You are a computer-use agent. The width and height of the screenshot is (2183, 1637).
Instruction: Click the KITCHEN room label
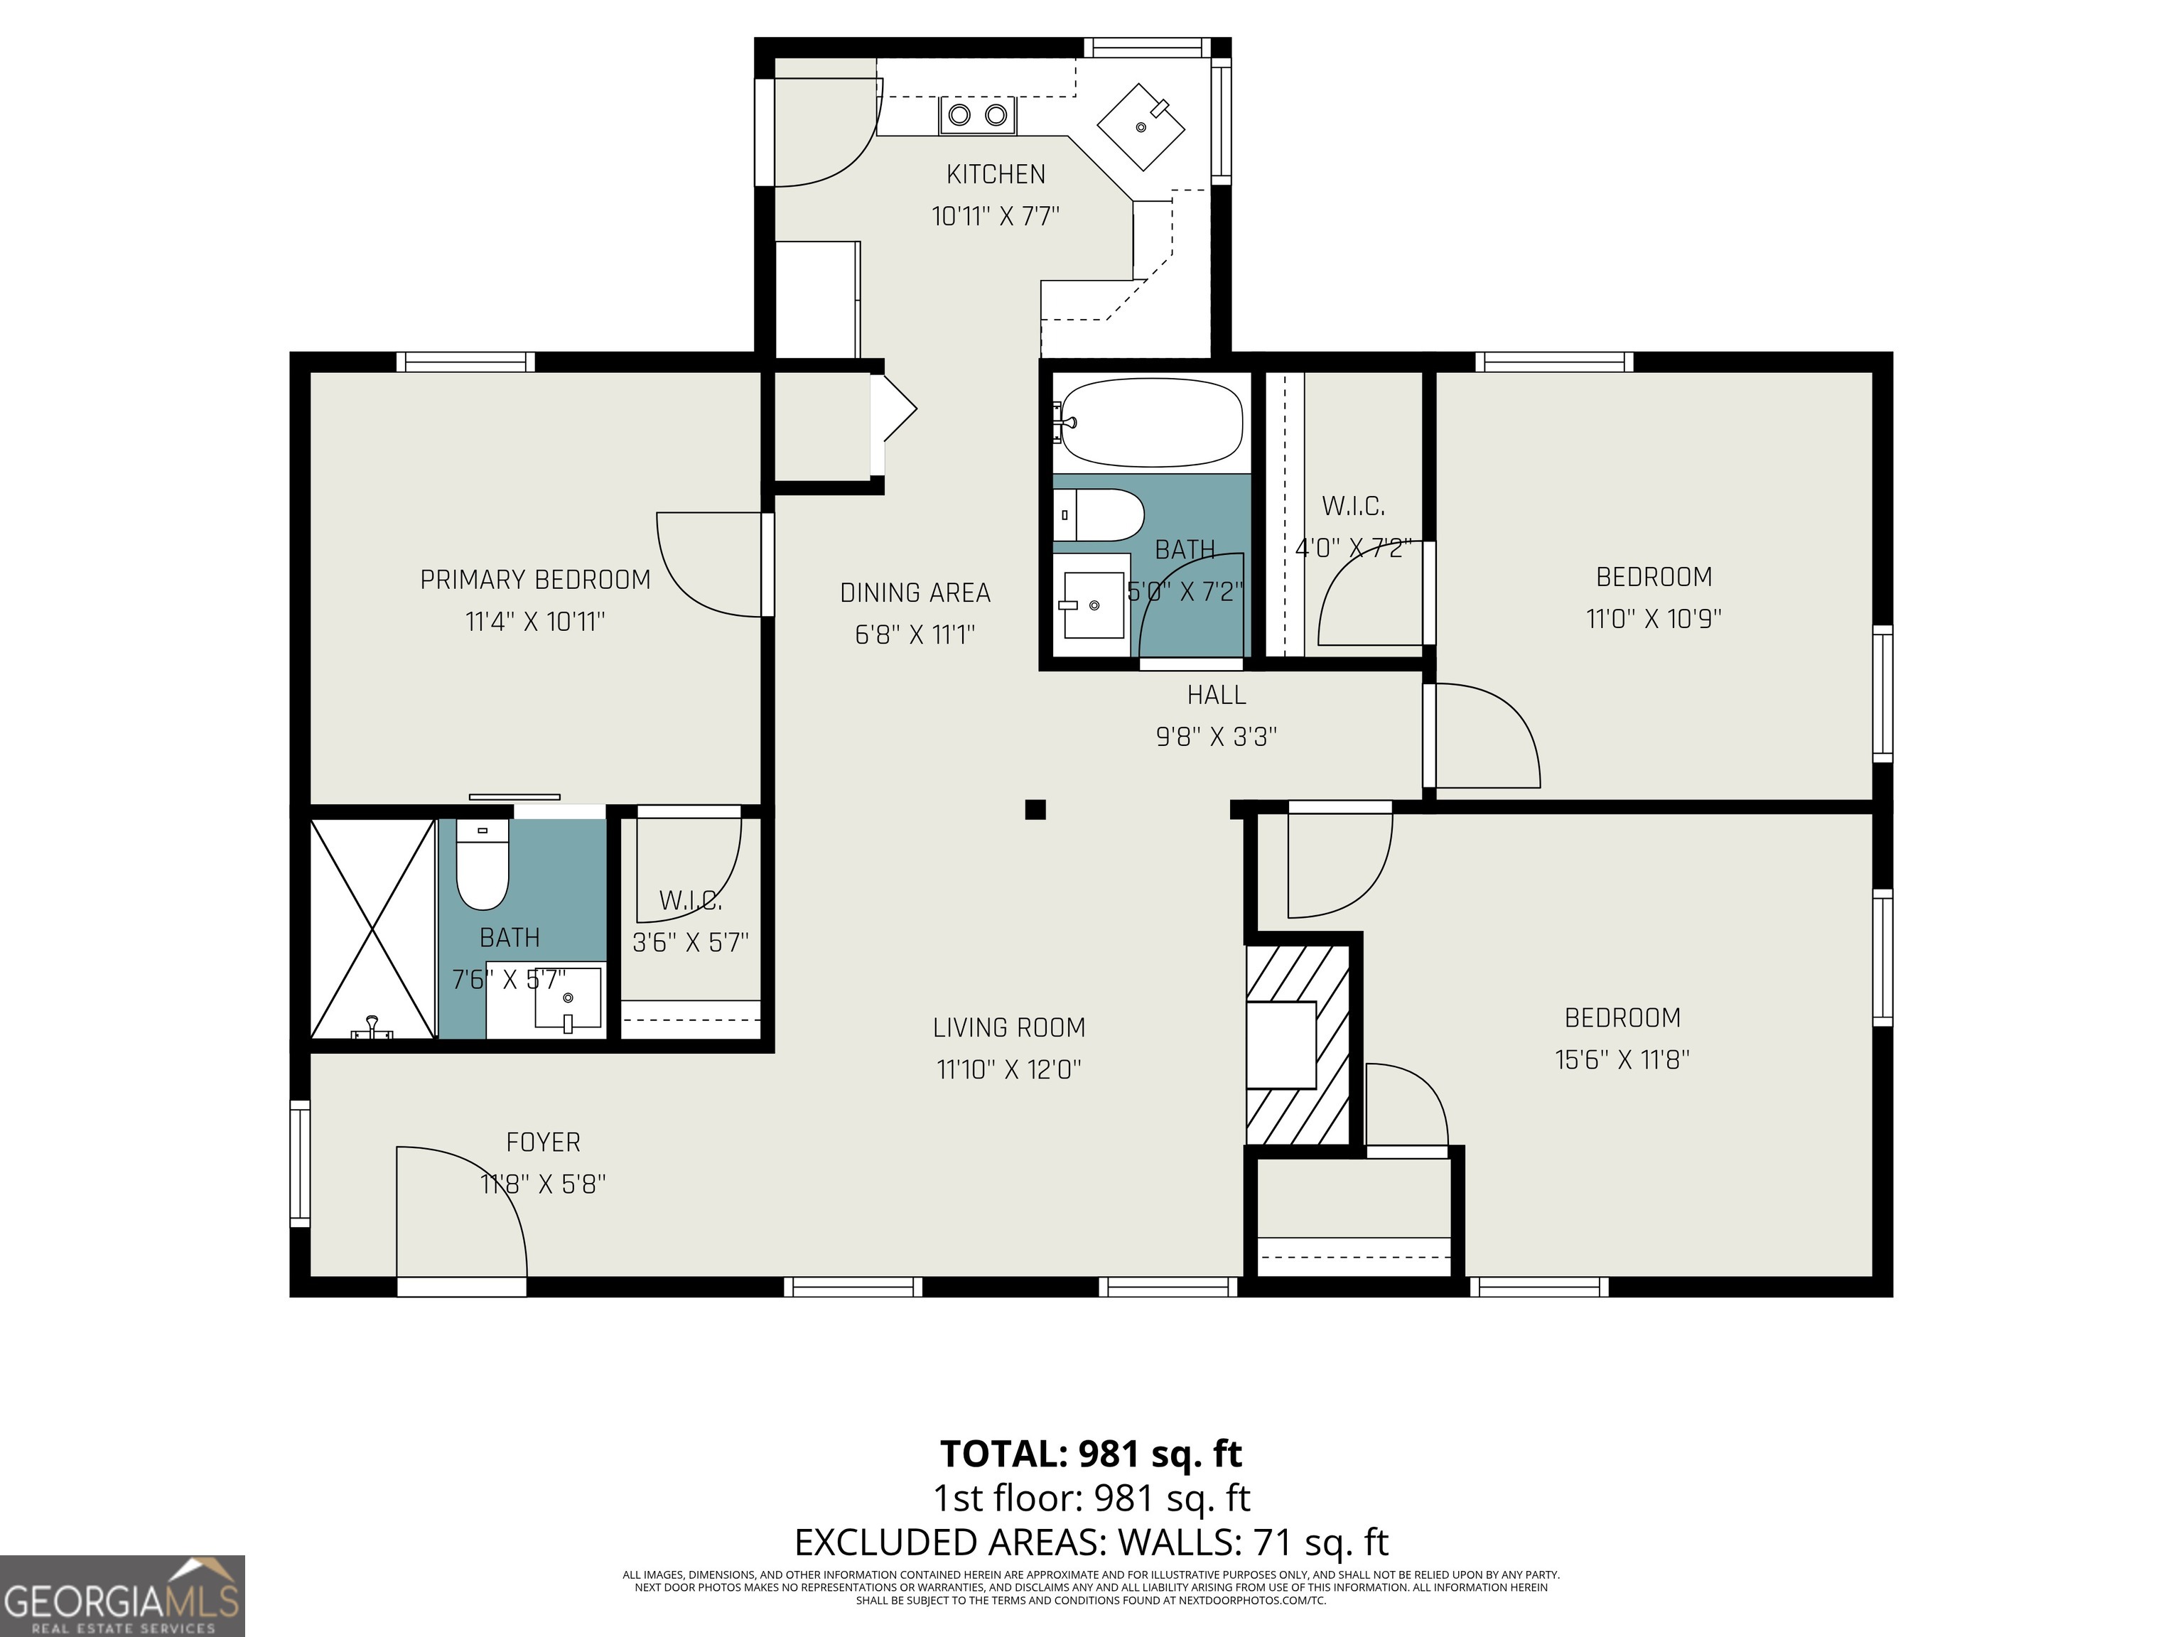pyautogui.click(x=995, y=175)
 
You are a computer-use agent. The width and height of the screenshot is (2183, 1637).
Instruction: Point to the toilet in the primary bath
pyautogui.click(x=482, y=865)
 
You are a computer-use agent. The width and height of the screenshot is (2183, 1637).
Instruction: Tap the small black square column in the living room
pyautogui.click(x=1034, y=810)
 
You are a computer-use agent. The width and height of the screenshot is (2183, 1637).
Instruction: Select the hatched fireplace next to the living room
pyautogui.click(x=1295, y=1044)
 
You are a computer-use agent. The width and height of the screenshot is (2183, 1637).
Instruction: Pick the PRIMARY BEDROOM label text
pyautogui.click(x=535, y=580)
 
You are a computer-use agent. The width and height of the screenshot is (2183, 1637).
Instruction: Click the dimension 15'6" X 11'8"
pyautogui.click(x=1622, y=1060)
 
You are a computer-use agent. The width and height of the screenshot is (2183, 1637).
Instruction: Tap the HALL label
pyautogui.click(x=1216, y=696)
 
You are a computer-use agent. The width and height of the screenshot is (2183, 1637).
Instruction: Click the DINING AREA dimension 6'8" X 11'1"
pyautogui.click(x=915, y=634)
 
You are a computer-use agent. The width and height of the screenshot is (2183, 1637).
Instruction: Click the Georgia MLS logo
pyautogui.click(x=122, y=1596)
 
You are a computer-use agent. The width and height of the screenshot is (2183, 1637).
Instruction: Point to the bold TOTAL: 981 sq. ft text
pyautogui.click(x=1091, y=1454)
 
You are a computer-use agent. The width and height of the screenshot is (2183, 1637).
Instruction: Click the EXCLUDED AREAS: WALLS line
pyautogui.click(x=1091, y=1541)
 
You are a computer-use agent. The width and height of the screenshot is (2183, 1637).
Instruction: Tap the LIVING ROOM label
pyautogui.click(x=1008, y=1028)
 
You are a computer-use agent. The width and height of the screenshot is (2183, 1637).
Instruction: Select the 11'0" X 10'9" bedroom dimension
pyautogui.click(x=1653, y=619)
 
